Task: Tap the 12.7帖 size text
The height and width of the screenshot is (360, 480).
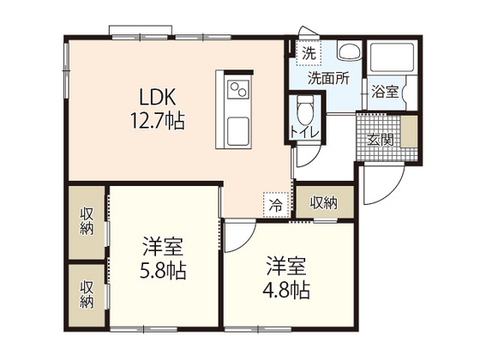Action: coord(158,120)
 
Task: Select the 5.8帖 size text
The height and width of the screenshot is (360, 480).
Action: coord(163,270)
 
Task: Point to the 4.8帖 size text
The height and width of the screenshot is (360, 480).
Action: coord(286,290)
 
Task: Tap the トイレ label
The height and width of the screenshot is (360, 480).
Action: coord(305,132)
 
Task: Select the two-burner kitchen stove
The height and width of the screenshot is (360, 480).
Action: coord(239,88)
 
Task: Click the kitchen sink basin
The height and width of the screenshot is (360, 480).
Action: coord(238,132)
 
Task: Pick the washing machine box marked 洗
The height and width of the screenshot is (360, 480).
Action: coord(309,53)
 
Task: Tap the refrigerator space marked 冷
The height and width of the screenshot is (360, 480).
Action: coord(276,205)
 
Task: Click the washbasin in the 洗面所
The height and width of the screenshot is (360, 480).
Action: coord(350,51)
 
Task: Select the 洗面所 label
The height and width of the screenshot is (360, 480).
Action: coord(328,78)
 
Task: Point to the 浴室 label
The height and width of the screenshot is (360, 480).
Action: coord(385,92)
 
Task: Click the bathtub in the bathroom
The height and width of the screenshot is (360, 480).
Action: coord(393,57)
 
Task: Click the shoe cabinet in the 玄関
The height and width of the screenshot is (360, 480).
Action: coord(409,132)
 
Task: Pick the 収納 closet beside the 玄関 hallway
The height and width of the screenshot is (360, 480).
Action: coord(325,202)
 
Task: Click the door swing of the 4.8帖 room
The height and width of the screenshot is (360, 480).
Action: coord(247,242)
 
